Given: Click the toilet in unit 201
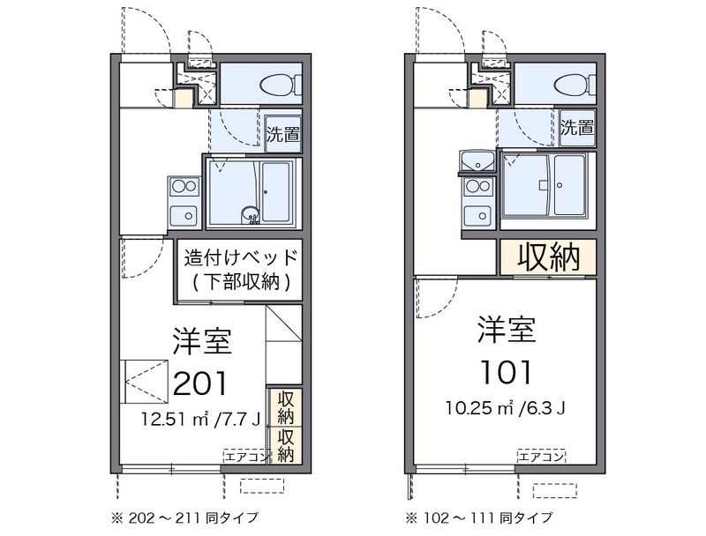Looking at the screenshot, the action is coord(281,83).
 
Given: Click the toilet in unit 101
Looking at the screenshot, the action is coord(575,84).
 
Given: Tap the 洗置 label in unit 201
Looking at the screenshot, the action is coord(282,135).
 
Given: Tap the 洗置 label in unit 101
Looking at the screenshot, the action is coord(577,128).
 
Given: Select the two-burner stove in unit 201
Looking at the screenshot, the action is coord(184,186).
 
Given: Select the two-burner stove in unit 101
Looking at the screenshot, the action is coord(478,185).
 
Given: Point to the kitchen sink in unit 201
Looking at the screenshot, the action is coord(184,215).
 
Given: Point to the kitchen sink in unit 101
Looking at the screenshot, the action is coord(478,214).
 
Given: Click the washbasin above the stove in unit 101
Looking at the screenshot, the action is coord(477,160).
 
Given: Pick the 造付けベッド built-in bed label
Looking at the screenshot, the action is coord(241,257).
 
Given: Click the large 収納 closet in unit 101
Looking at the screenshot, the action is coord(547,257).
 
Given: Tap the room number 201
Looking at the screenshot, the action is coord(200,383).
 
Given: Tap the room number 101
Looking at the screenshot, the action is coord(507,373).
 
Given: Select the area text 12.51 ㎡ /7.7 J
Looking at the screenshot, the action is coord(201,420).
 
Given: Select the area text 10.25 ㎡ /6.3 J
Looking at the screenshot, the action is coord(506,408).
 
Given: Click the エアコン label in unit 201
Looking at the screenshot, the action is coord(247,458).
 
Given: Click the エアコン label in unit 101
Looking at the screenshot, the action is coord(541,458).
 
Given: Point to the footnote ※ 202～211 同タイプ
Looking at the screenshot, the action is coord(184,518).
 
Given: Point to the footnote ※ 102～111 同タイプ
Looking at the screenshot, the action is coord(479,518).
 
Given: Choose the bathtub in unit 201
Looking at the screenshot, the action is coord(276,191).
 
